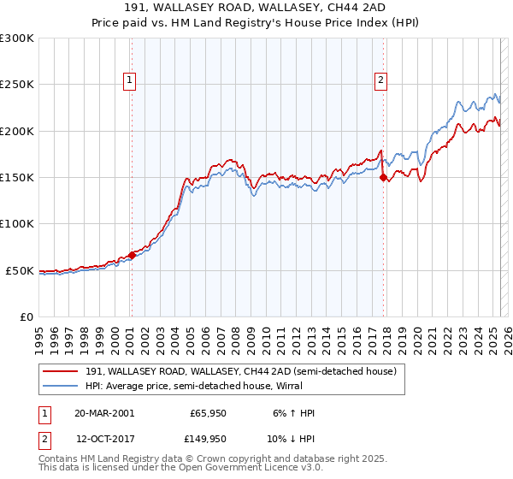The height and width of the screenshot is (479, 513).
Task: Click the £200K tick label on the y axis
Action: (x=16, y=131)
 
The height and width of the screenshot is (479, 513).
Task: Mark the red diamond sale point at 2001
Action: (x=133, y=255)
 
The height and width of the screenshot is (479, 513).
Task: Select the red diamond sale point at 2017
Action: (x=384, y=178)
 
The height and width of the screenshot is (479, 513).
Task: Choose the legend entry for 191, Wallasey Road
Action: (x=240, y=372)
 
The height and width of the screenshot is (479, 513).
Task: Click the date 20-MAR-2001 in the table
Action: (x=104, y=413)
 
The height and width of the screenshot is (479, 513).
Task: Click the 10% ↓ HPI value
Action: (x=290, y=439)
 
